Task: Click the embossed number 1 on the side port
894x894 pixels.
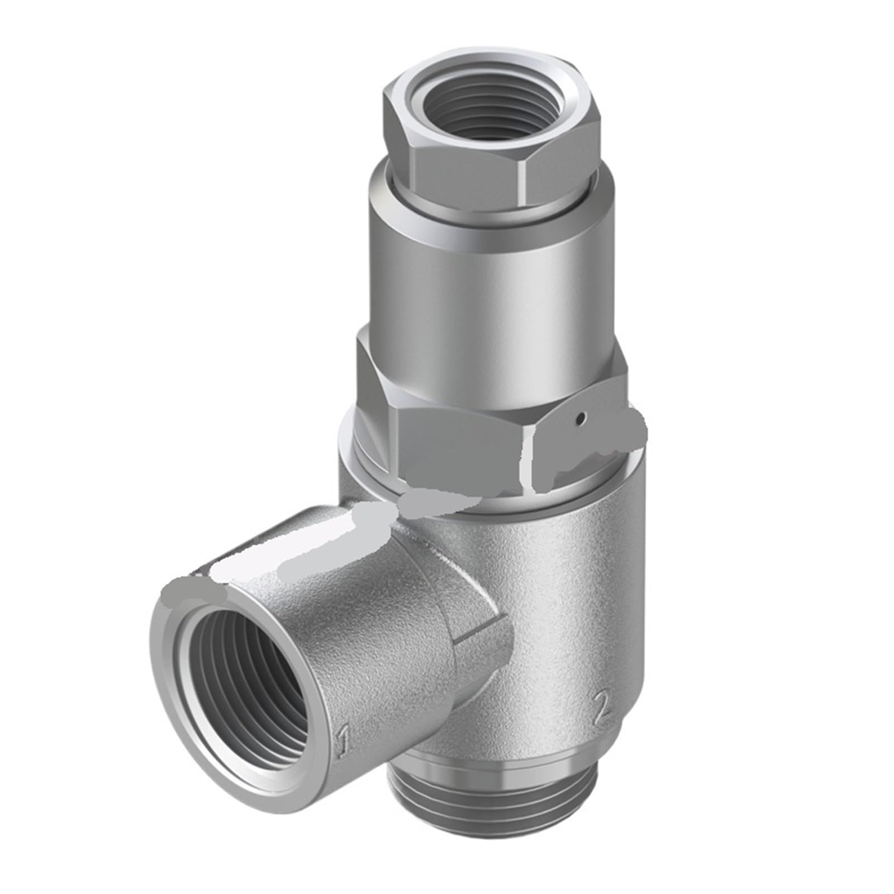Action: tap(343, 741)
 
